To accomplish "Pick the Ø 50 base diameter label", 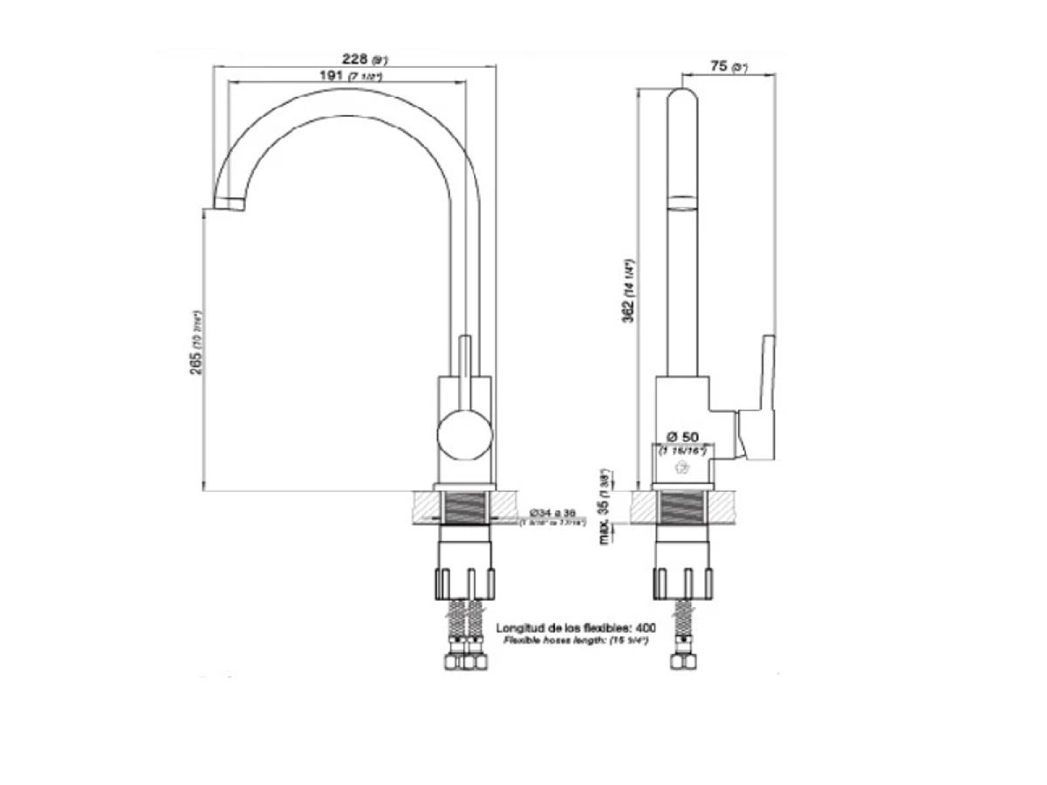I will tap(683, 436).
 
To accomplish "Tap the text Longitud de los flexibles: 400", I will tap(576, 627).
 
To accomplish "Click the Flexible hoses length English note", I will tap(576, 640).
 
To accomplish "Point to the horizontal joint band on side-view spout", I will tap(681, 201).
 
